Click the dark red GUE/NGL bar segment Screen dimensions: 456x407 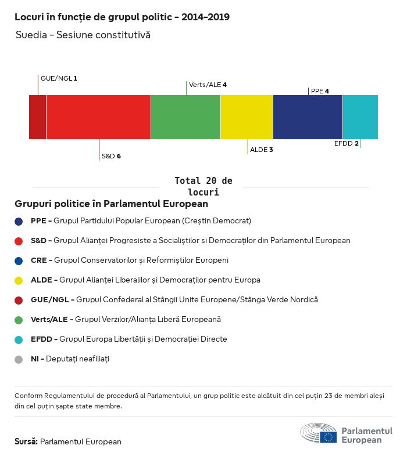pyautogui.click(x=38, y=117)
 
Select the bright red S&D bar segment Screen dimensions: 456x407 pyautogui.click(x=98, y=117)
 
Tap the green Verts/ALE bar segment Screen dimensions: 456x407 pyautogui.click(x=185, y=117)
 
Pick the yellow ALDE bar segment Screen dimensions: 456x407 pyautogui.click(x=247, y=117)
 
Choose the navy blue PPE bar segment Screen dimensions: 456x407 pyautogui.click(x=308, y=117)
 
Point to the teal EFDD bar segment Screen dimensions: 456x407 pyautogui.click(x=360, y=117)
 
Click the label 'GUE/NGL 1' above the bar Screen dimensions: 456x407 pyautogui.click(x=59, y=78)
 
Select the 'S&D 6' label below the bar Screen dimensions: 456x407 pyautogui.click(x=111, y=156)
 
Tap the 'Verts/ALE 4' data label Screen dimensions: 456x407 pyautogui.click(x=208, y=85)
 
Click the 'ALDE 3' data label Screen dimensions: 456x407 pyautogui.click(x=262, y=150)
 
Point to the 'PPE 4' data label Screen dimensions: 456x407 pyautogui.click(x=320, y=91)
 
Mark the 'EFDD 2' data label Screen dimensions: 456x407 pyautogui.click(x=347, y=143)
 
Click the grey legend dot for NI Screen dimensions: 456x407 pyautogui.click(x=19, y=359)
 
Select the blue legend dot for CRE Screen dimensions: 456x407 pyautogui.click(x=19, y=260)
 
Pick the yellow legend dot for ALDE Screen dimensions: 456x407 pyautogui.click(x=19, y=280)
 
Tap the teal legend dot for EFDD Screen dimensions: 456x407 pyautogui.click(x=19, y=339)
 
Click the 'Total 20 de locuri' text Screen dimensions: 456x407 pyautogui.click(x=203, y=186)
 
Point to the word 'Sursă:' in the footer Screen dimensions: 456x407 pyautogui.click(x=26, y=441)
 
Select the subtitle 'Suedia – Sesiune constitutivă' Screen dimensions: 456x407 pyautogui.click(x=83, y=35)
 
